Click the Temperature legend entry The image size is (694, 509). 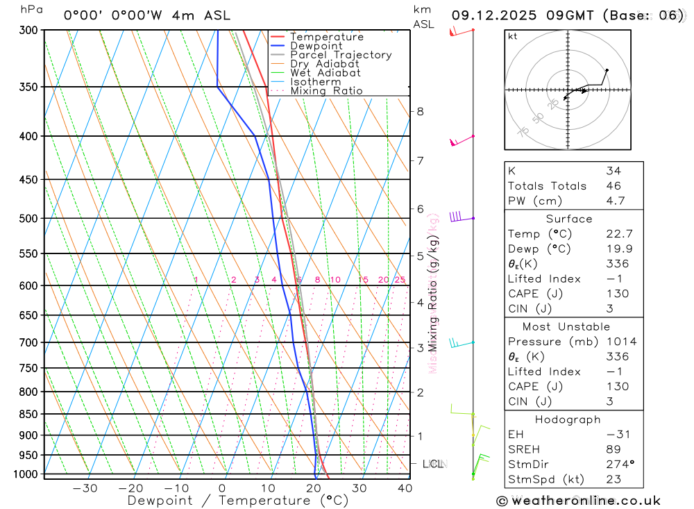click(x=326, y=37)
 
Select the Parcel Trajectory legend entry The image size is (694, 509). click(x=340, y=55)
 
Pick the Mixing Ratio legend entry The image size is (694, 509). click(x=326, y=91)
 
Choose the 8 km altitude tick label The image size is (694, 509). click(x=420, y=111)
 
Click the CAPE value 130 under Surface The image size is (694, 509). click(x=617, y=294)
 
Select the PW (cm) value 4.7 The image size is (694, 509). click(x=615, y=201)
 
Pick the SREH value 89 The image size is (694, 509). click(x=613, y=449)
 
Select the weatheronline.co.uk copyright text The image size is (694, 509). click(x=579, y=501)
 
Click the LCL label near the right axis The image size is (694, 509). click(x=433, y=464)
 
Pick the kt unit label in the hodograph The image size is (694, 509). click(x=513, y=37)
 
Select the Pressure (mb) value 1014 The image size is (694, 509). click(x=620, y=342)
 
